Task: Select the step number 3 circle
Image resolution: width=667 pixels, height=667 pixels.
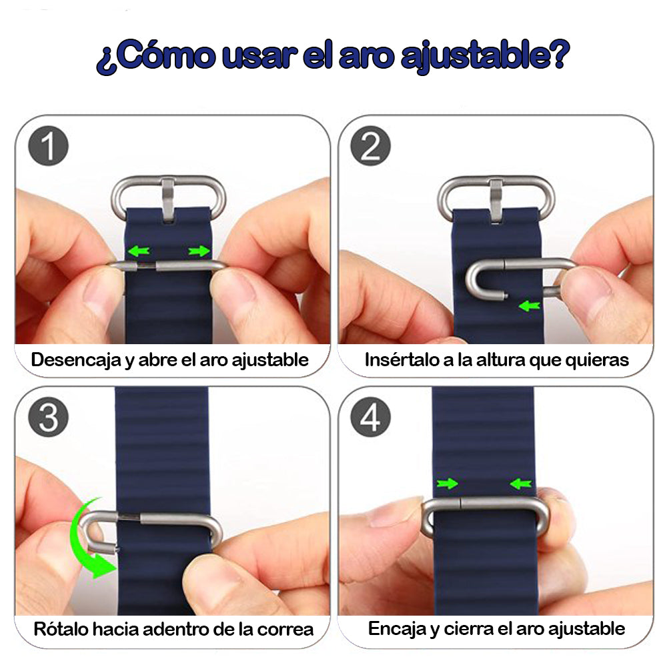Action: (49, 418)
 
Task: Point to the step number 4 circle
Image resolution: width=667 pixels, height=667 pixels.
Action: (370, 418)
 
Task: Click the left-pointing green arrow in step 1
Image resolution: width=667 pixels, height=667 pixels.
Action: (139, 251)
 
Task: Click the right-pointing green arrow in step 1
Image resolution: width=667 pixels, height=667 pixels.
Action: (198, 251)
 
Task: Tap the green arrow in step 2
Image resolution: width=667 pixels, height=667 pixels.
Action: (529, 306)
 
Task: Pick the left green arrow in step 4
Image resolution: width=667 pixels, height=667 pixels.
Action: (446, 483)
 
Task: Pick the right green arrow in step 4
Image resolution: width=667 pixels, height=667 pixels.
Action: (520, 483)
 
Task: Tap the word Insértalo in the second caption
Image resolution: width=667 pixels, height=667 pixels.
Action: (397, 360)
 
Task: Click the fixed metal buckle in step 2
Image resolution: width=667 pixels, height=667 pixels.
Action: (495, 195)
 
